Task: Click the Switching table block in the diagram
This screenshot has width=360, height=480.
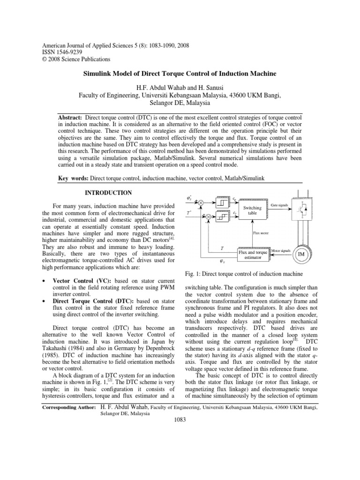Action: (x=252, y=209)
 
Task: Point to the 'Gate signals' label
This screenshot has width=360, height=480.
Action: (x=280, y=205)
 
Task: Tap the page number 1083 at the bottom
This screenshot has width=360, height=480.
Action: (x=180, y=419)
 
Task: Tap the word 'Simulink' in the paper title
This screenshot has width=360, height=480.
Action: (x=98, y=74)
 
